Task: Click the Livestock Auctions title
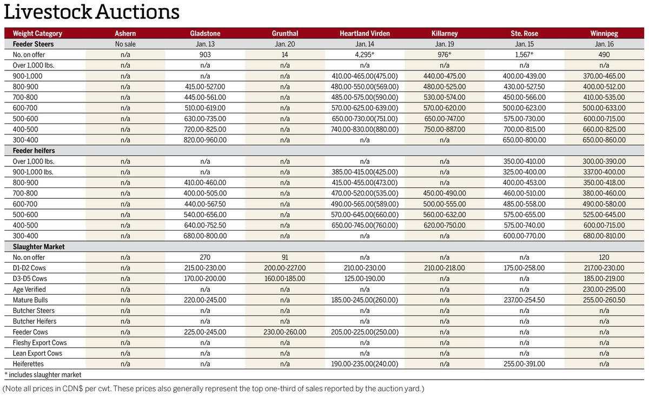tap(91, 12)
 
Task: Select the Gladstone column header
tap(205, 34)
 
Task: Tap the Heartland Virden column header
tap(365, 34)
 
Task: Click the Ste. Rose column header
tap(524, 34)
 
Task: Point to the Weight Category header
tap(37, 34)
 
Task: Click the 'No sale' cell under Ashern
tap(125, 44)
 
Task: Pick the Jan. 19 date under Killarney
tap(445, 44)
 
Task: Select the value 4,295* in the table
tap(365, 55)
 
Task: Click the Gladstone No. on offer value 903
tap(205, 55)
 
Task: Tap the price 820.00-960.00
tap(205, 140)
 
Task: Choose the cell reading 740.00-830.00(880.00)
tap(365, 129)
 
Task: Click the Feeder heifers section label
tap(34, 151)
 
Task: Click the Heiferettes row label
tap(28, 364)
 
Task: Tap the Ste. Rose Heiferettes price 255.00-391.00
tap(524, 364)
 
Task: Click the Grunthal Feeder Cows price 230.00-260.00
tap(284, 332)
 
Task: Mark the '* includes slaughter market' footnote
tap(43, 374)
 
